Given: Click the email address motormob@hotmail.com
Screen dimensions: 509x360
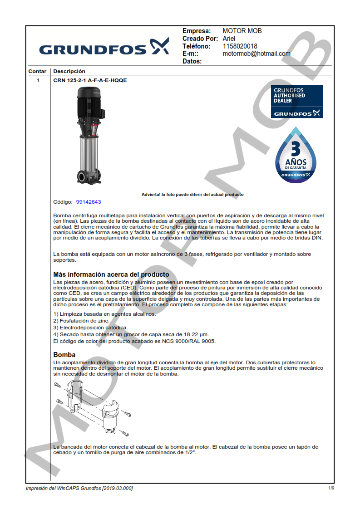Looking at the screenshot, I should pyautogui.click(x=256, y=54).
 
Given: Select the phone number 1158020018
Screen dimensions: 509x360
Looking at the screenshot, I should pyautogui.click(x=240, y=46).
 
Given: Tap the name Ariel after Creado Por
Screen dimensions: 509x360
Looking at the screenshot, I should pyautogui.click(x=229, y=39).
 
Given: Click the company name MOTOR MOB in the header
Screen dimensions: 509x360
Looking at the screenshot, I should pyautogui.click(x=242, y=31).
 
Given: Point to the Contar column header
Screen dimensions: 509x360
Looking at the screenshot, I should pyautogui.click(x=37, y=71).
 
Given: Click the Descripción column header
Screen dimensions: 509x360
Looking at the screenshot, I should pyautogui.click(x=69, y=71).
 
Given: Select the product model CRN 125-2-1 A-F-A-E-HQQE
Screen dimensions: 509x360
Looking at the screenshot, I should pyautogui.click(x=90, y=80).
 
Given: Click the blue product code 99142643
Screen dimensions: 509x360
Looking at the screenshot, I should pyautogui.click(x=89, y=202).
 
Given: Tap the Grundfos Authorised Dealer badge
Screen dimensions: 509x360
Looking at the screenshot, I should pyautogui.click(x=296, y=102).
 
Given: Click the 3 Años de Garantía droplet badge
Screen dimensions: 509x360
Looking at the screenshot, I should pyautogui.click(x=296, y=156).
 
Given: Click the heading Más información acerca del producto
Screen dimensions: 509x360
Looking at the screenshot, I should pyautogui.click(x=111, y=274).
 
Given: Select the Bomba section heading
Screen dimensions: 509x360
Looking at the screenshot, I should pyautogui.click(x=64, y=354).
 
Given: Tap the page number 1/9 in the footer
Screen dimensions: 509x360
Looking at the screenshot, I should pyautogui.click(x=331, y=488).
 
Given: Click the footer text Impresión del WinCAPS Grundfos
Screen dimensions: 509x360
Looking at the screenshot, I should pyautogui.click(x=79, y=488).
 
